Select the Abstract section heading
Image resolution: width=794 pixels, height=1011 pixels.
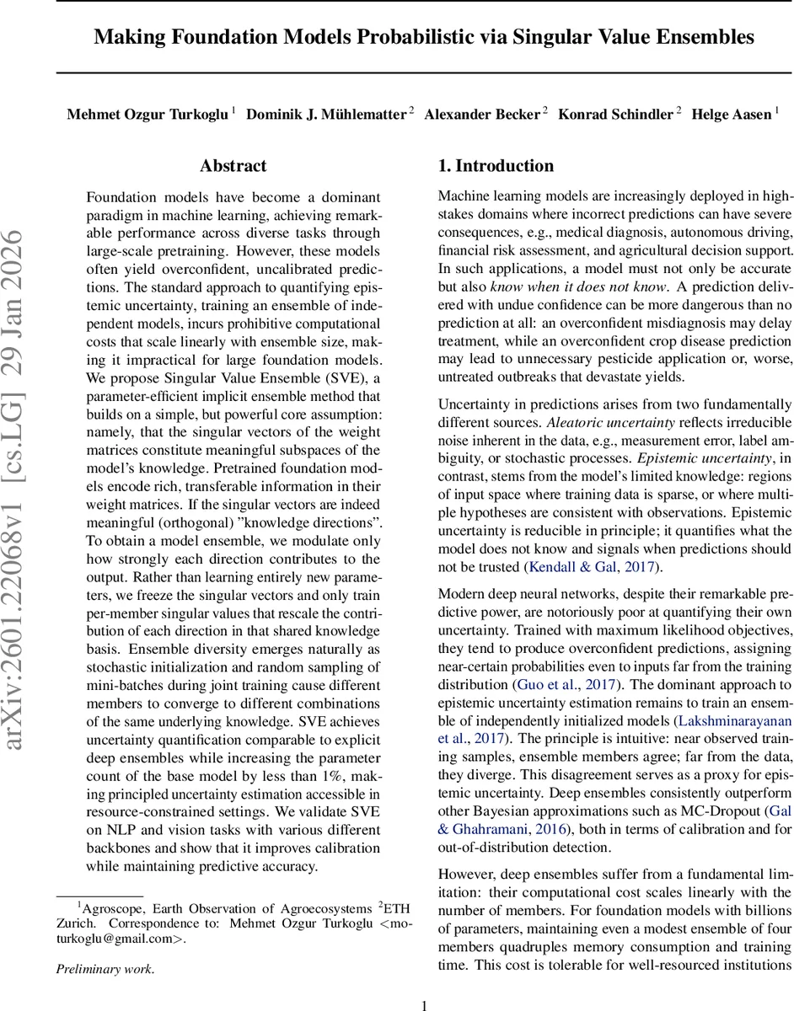(x=233, y=166)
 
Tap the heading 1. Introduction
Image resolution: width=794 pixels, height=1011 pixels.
(x=496, y=166)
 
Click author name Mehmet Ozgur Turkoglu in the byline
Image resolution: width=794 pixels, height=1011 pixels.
(x=147, y=115)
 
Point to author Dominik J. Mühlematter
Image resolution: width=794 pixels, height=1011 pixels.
(x=325, y=115)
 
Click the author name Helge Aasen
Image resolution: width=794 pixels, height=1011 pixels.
(x=730, y=115)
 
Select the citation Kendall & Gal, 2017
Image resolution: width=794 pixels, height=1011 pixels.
(x=589, y=567)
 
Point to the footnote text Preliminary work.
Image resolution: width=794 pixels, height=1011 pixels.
(x=105, y=969)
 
